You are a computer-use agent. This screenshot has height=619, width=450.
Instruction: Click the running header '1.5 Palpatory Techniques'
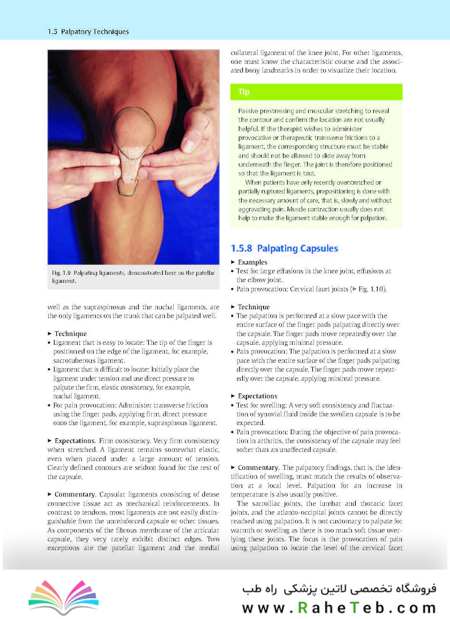click(x=88, y=32)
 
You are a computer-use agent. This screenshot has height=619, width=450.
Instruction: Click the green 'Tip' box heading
click(x=244, y=92)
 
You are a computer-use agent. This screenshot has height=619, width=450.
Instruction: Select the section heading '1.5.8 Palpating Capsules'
click(x=284, y=248)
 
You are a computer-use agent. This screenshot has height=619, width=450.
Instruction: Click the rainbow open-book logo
click(x=63, y=597)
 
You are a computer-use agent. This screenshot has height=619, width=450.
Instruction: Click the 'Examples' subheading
click(x=252, y=262)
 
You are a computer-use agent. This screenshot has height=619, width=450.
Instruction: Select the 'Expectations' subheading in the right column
click(x=257, y=396)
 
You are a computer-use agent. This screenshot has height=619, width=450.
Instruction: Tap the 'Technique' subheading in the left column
click(x=70, y=333)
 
